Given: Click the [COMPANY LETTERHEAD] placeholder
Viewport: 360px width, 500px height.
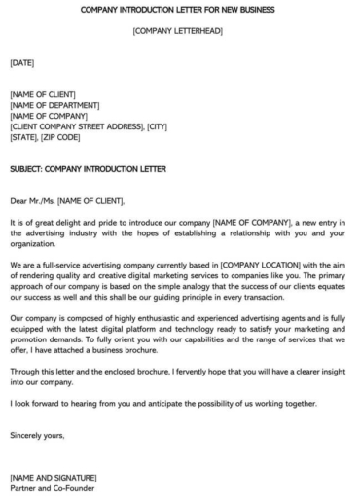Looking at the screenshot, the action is coord(180,33).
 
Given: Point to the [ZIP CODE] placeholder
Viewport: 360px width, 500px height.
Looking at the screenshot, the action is coord(61,137).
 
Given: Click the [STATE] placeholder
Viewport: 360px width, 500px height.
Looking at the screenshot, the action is coord(22,137).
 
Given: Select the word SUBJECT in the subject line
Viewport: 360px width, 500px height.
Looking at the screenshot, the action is coord(28,169).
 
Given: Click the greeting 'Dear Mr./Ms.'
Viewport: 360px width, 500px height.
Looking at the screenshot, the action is coord(32,201).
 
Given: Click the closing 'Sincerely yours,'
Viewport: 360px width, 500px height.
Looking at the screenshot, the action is coord(37,435).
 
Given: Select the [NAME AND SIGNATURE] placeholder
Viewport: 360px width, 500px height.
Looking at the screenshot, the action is coord(53,478).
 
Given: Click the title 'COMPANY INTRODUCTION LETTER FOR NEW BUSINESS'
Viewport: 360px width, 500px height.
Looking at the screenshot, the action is coord(180,10).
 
